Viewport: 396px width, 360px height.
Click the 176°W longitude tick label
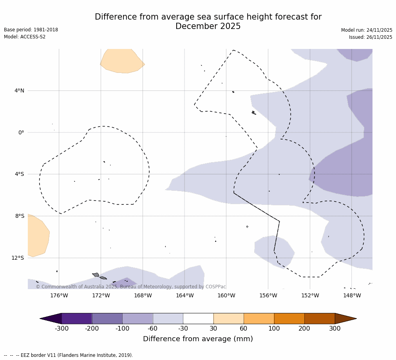click(x=59, y=296)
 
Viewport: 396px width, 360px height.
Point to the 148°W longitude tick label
click(x=352, y=296)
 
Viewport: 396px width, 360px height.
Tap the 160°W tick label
click(x=226, y=296)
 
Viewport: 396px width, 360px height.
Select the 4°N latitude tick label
click(x=19, y=91)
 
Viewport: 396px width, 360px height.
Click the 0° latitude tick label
click(x=21, y=132)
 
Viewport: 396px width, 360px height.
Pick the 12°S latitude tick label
click(x=18, y=258)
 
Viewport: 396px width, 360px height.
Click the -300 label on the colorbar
click(x=61, y=329)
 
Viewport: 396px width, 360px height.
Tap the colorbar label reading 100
click(x=274, y=329)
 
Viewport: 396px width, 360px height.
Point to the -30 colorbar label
click(x=183, y=329)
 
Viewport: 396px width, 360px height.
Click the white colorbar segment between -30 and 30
click(x=198, y=318)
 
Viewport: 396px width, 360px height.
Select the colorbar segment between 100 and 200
click(x=289, y=318)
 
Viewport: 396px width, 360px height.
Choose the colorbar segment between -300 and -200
click(x=77, y=318)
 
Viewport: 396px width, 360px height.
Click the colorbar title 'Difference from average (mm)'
click(x=198, y=339)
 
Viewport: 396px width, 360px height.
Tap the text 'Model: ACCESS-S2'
click(x=25, y=37)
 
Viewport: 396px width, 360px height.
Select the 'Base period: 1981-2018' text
click(x=31, y=30)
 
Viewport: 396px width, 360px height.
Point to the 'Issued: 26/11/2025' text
click(x=371, y=37)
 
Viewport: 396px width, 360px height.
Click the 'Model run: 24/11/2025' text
click(x=367, y=30)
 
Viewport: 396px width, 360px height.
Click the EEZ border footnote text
click(x=68, y=355)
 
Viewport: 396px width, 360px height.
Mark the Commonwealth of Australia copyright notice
click(x=131, y=287)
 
